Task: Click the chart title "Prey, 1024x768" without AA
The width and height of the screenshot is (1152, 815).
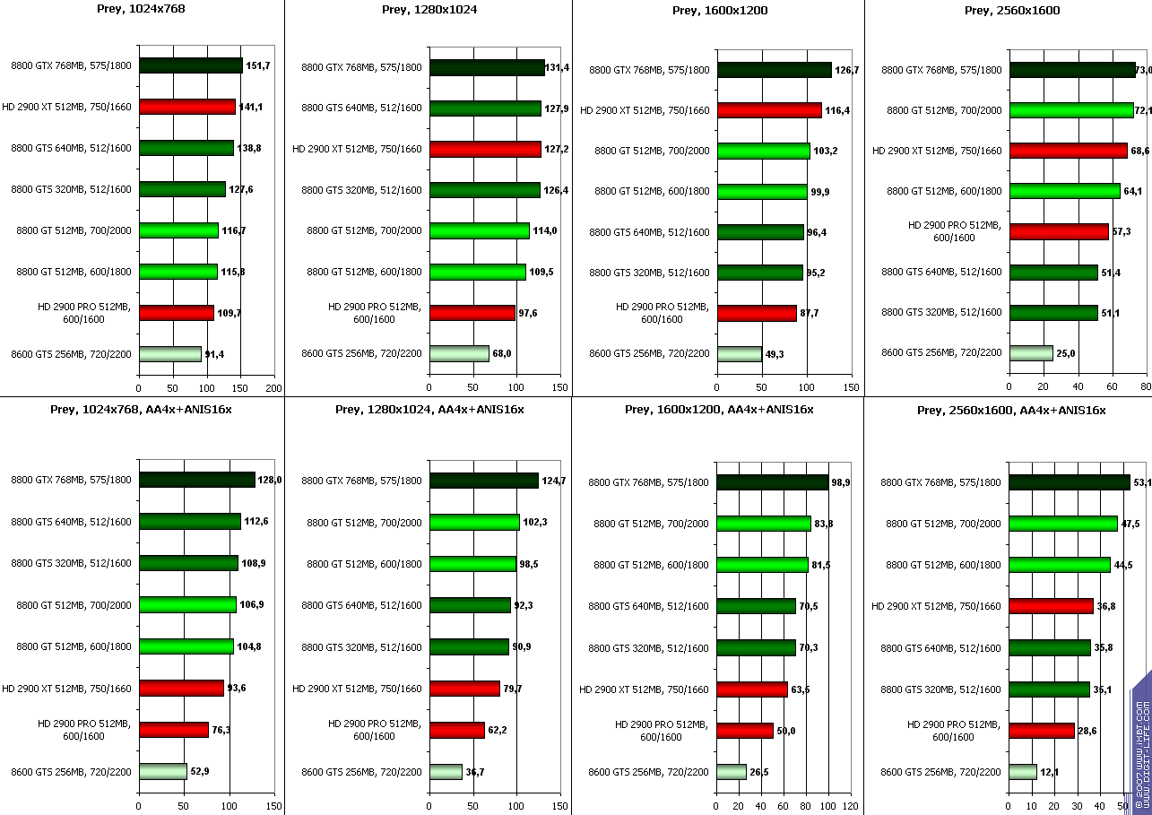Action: [142, 10]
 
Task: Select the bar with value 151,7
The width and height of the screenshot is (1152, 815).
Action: [190, 65]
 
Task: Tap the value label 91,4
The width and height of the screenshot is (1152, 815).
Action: [214, 354]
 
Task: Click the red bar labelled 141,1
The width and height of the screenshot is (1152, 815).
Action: [186, 107]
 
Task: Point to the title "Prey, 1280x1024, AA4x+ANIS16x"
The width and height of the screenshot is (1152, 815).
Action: [429, 410]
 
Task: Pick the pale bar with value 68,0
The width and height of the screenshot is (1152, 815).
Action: [459, 353]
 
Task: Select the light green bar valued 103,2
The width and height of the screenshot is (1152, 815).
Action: [763, 151]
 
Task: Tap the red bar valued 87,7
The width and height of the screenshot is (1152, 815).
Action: [757, 313]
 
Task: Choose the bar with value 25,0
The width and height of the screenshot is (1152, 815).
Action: [1031, 353]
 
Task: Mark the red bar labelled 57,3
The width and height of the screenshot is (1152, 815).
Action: [1059, 231]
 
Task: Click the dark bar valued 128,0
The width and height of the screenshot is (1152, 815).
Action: [196, 480]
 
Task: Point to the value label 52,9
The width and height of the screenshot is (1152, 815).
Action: [200, 770]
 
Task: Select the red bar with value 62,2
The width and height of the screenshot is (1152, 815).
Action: [456, 730]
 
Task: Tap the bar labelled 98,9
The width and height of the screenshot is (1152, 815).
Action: [772, 482]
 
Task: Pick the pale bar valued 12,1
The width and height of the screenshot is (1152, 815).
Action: [1023, 771]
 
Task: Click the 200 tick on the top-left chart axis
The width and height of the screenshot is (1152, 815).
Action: [274, 388]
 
